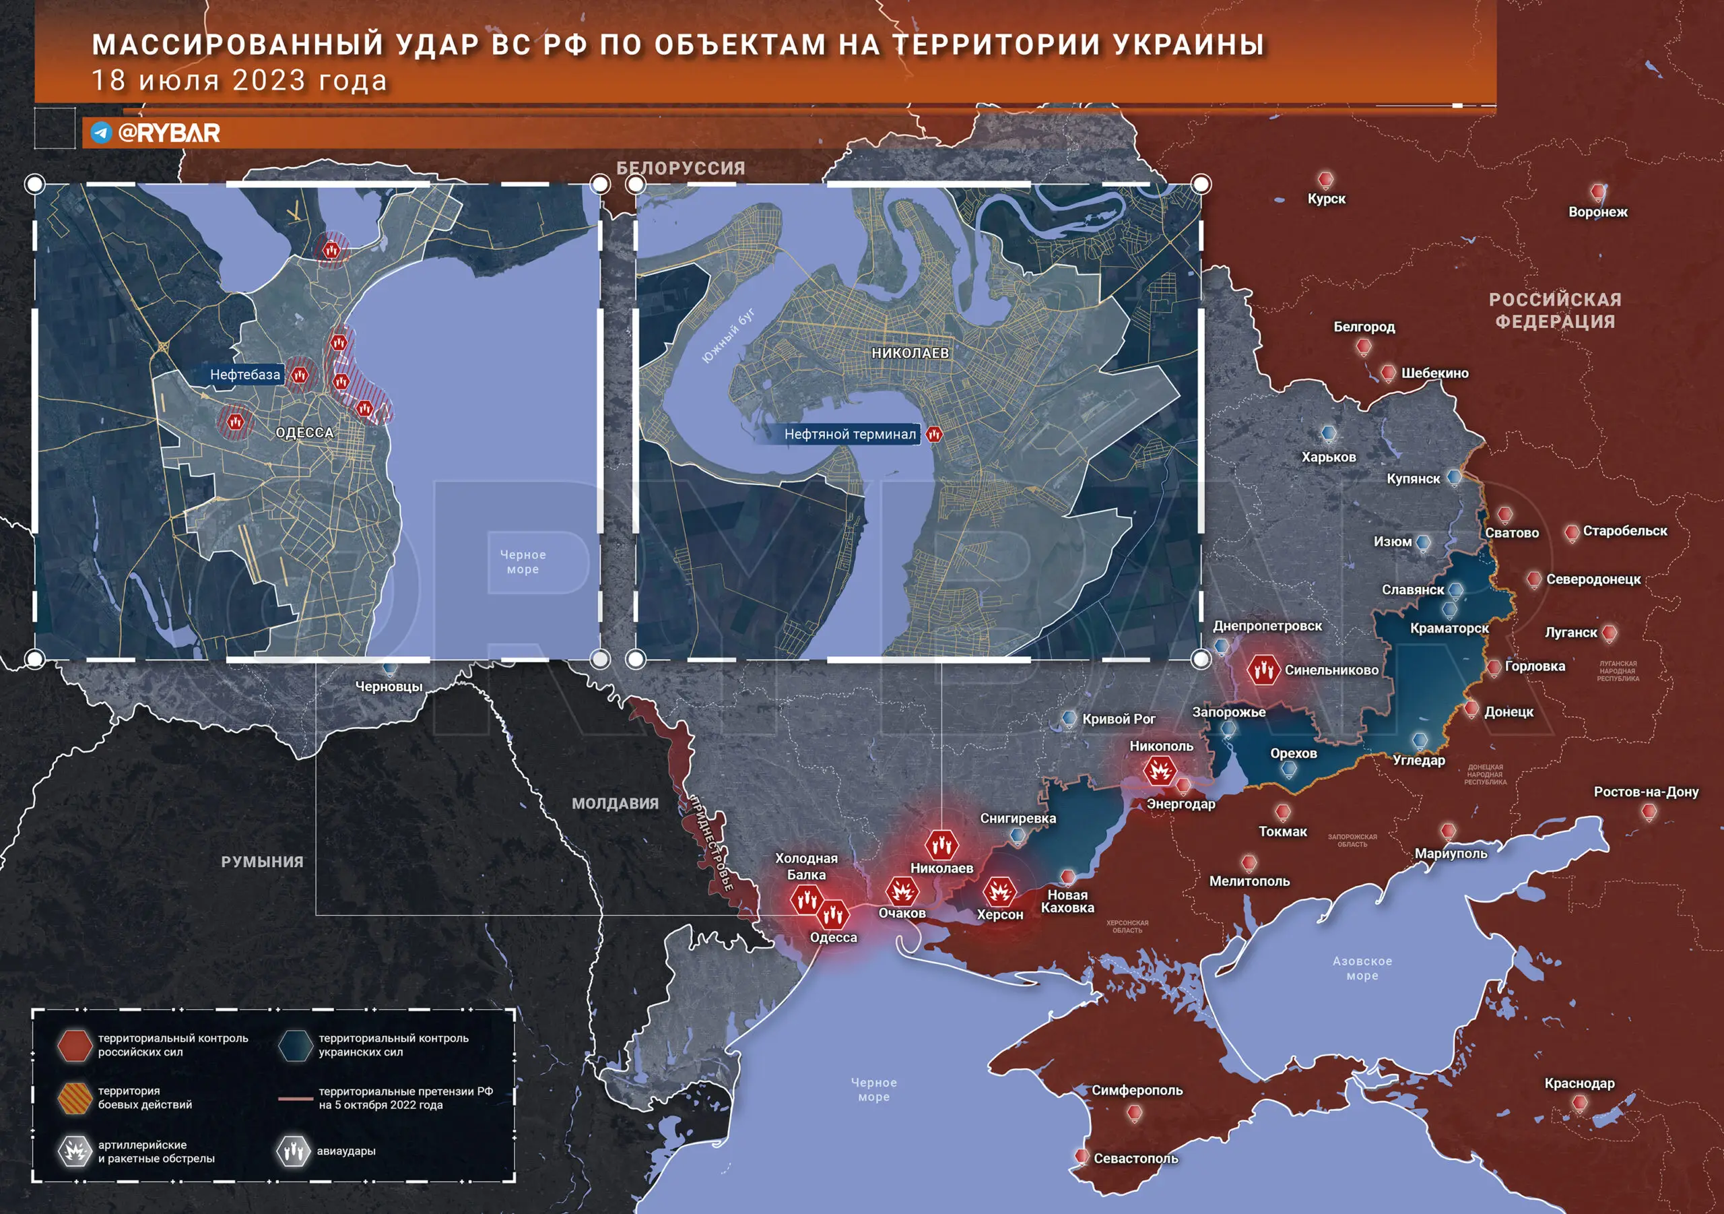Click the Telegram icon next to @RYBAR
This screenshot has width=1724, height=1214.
coord(100,133)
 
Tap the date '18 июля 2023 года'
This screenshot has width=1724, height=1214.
coord(239,80)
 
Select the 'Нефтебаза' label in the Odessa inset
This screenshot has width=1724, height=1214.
coord(244,374)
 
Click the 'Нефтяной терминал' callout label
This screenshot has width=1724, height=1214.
coord(849,435)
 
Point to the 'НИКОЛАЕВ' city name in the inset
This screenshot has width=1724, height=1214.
coord(910,353)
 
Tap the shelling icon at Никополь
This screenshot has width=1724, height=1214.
coord(1160,771)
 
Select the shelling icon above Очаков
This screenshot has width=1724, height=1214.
coord(901,892)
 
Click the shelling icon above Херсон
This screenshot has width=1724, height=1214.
coord(999,893)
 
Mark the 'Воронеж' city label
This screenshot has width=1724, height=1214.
coord(1597,212)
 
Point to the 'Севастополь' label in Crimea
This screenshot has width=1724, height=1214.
coord(1135,1158)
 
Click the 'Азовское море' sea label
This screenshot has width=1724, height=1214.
coord(1362,968)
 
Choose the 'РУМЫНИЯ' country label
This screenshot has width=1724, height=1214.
coord(262,862)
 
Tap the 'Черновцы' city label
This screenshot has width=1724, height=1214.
coord(388,686)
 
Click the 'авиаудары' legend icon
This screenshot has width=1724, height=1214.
coord(293,1151)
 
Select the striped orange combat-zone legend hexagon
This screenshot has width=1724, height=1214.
coord(75,1097)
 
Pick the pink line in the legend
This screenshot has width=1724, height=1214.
coord(295,1098)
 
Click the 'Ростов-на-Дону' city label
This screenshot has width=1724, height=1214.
coord(1646,792)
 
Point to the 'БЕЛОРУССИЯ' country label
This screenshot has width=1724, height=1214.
coord(680,168)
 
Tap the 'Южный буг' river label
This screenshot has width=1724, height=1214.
coord(729,336)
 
